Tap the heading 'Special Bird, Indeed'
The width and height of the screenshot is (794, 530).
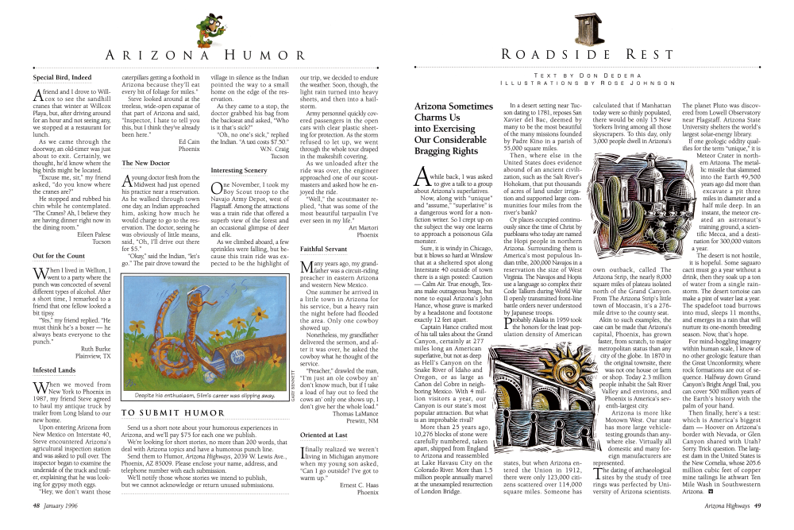click(63, 78)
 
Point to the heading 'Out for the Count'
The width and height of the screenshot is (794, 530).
click(60, 256)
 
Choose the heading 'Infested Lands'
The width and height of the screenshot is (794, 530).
click(55, 369)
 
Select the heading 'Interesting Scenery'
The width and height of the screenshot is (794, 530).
click(239, 170)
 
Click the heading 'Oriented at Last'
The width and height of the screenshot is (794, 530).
click(322, 434)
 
